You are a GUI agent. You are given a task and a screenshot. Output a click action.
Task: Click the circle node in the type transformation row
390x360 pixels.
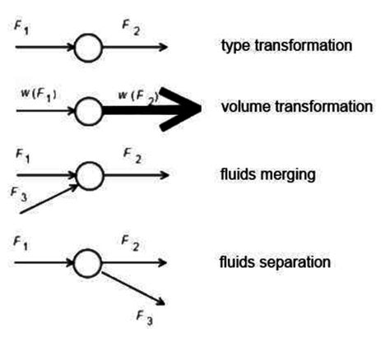pyautogui.click(x=88, y=48)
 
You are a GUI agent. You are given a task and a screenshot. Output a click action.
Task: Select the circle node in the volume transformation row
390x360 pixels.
pyautogui.click(x=88, y=109)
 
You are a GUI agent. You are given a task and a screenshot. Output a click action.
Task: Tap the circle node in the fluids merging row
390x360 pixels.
pyautogui.click(x=88, y=175)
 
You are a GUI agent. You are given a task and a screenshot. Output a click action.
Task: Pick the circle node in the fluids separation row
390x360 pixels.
pyautogui.click(x=88, y=263)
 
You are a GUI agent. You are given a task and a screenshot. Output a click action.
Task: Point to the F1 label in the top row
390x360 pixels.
pyautogui.click(x=22, y=26)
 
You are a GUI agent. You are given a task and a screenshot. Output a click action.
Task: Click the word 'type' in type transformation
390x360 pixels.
pyautogui.click(x=234, y=46)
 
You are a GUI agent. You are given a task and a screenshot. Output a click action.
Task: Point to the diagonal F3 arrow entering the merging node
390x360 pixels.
pyautogui.click(x=48, y=199)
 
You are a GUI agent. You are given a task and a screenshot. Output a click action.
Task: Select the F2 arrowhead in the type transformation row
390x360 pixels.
pyautogui.click(x=165, y=48)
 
